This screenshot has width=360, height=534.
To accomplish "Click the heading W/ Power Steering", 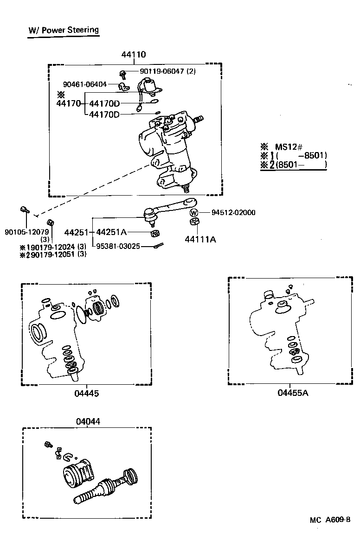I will click(x=64, y=30).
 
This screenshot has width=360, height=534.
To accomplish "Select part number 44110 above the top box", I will click(x=134, y=54).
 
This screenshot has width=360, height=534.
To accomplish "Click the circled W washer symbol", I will click(x=194, y=213).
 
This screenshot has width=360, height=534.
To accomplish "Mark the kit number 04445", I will click(x=86, y=394).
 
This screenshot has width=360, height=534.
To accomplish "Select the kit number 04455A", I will click(x=293, y=393).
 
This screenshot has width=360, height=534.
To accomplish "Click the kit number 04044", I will click(x=87, y=421).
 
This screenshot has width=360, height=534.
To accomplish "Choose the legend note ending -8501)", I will click(x=302, y=155).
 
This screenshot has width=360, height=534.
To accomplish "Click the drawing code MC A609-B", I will click(x=330, y=520).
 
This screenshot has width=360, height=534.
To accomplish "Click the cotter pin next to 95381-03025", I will click(x=159, y=246).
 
